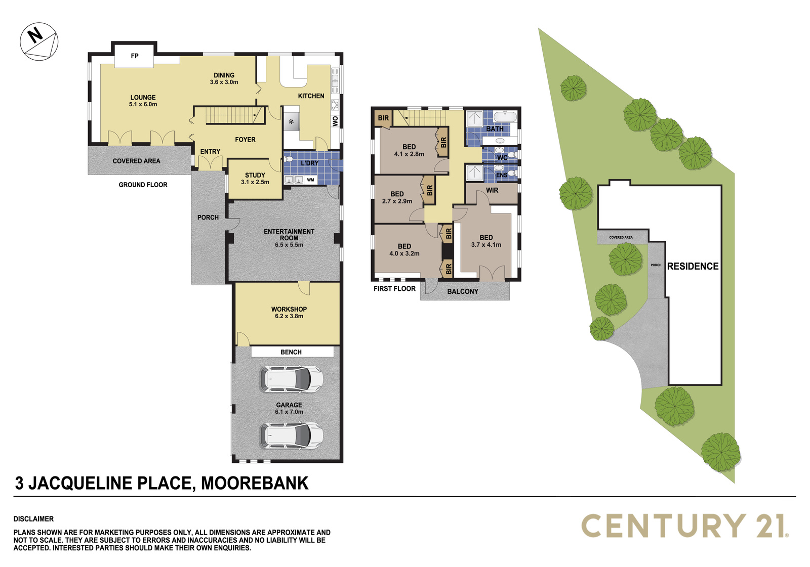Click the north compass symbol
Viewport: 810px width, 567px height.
39,41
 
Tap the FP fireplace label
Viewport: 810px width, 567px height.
135,56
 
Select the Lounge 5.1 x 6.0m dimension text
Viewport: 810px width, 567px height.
143,104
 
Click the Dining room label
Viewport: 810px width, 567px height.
224,75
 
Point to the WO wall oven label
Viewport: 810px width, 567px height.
335,121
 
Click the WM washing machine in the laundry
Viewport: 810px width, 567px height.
310,180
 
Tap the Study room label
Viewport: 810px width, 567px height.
255,175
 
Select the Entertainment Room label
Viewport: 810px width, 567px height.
289,235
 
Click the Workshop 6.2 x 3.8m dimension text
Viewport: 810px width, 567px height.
289,316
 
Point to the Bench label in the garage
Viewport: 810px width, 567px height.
291,352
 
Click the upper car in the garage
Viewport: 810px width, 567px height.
292,379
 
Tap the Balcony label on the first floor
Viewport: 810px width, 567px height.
463,291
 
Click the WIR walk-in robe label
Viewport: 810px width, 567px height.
492,190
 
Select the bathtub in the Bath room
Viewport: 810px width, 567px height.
506,117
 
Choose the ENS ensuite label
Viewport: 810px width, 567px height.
502,176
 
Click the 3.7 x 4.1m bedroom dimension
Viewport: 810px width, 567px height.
487,245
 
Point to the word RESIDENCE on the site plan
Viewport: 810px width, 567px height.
693,267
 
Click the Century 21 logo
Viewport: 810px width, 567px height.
685,526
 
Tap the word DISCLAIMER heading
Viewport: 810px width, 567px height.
33,519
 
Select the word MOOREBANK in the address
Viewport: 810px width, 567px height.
255,483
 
